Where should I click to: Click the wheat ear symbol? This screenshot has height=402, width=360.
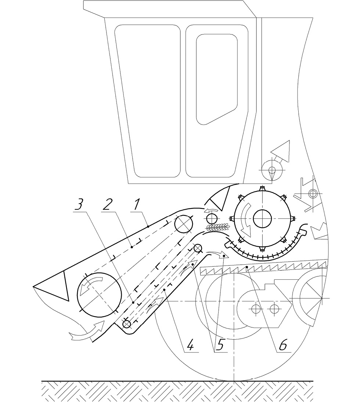(x=217, y=227)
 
